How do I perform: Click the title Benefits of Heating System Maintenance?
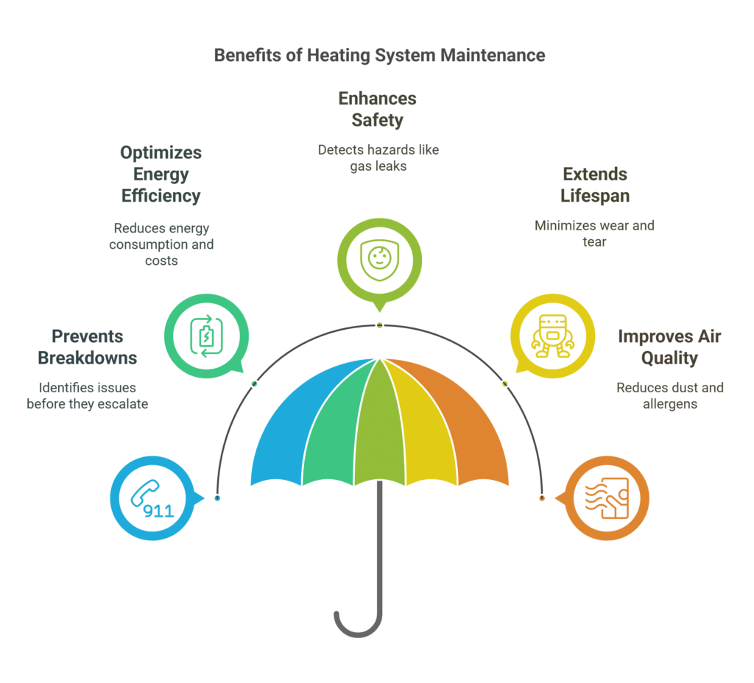pyautogui.click(x=379, y=55)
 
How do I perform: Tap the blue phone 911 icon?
pyautogui.click(x=152, y=499)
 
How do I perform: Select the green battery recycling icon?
pyautogui.click(x=206, y=336)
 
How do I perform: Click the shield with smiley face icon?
pyautogui.click(x=379, y=260)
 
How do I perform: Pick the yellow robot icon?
pyautogui.click(x=552, y=336)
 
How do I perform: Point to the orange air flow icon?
pyautogui.click(x=607, y=498)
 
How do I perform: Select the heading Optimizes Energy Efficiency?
pyautogui.click(x=161, y=174)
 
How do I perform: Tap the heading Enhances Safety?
pyautogui.click(x=378, y=109)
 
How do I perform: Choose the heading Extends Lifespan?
pyautogui.click(x=595, y=185)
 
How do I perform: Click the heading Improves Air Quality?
pyautogui.click(x=669, y=347)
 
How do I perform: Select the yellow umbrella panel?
pyautogui.click(x=423, y=433)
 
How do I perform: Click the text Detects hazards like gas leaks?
pyautogui.click(x=378, y=158)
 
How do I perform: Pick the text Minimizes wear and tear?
pyautogui.click(x=594, y=233)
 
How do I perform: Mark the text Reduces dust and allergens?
pyautogui.click(x=670, y=395)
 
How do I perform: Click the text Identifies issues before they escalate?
pyautogui.click(x=88, y=395)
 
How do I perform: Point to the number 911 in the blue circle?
pyautogui.click(x=159, y=511)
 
